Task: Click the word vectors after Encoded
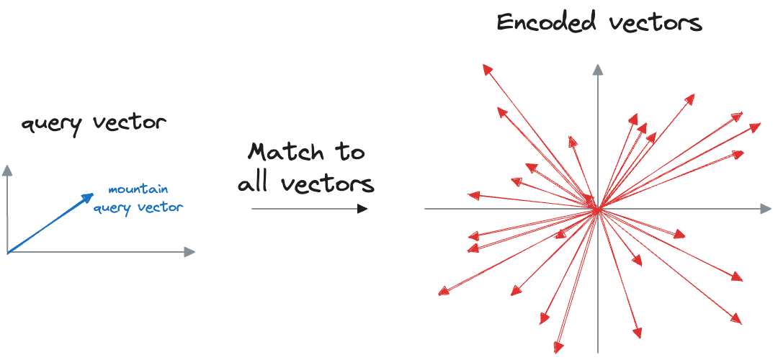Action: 655,22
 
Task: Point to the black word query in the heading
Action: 49,123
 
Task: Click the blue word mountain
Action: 138,189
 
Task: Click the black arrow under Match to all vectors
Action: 310,209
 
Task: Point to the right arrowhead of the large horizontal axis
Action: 766,209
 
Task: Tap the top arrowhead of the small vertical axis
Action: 7,170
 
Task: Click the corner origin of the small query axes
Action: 7,252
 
